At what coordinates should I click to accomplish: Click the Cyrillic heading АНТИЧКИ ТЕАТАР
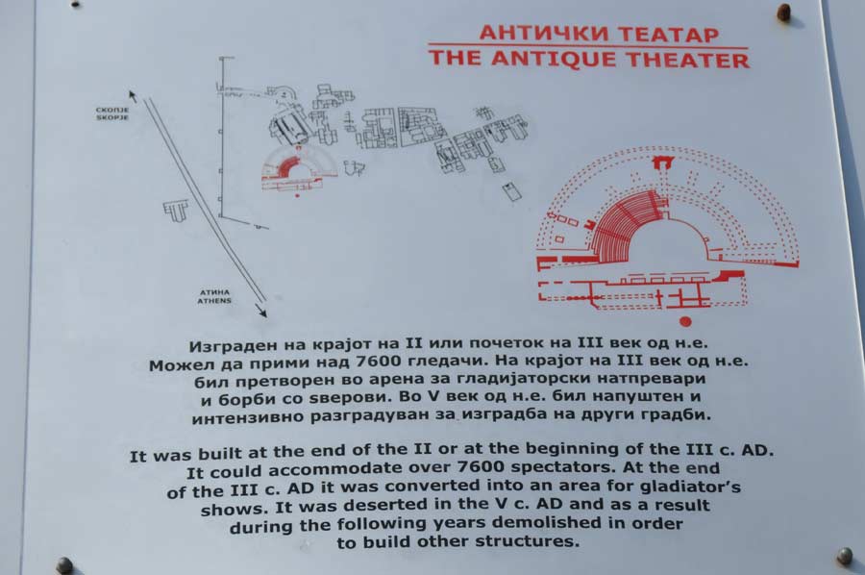coord(599,34)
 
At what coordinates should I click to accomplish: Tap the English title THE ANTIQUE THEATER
coord(589,59)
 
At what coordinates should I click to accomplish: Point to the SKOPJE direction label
coord(112,117)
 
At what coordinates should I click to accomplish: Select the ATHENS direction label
coord(214,301)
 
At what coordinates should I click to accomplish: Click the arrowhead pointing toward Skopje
coord(132,95)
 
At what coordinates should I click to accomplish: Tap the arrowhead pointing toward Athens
coord(261,311)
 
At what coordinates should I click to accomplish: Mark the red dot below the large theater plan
coord(685,321)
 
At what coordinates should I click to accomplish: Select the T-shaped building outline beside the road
coord(176,210)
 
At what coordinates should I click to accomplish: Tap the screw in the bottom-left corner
coord(65,565)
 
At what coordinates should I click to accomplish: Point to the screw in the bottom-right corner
coord(844,556)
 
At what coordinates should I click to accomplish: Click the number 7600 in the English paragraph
coord(482,467)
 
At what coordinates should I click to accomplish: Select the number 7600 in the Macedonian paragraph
coord(380,362)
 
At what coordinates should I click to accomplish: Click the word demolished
coord(551,522)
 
